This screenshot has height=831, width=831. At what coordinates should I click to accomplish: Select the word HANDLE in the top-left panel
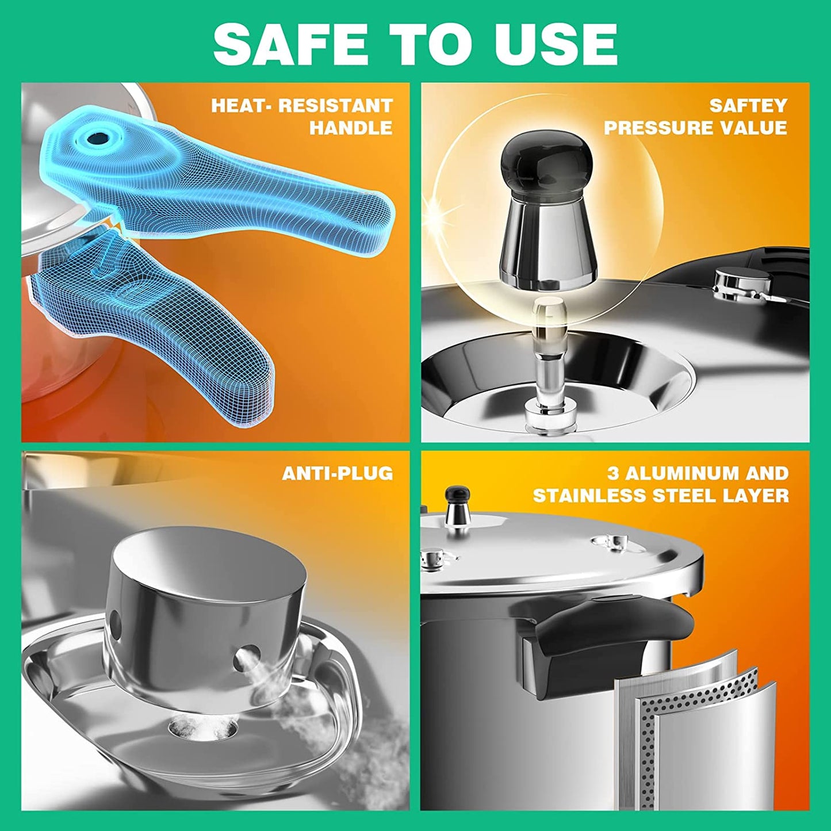(351, 128)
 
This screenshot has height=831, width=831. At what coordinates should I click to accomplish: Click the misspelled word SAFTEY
(748, 106)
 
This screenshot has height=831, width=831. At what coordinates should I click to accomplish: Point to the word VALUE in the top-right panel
(748, 128)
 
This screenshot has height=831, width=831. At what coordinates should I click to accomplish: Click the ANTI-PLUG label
(338, 473)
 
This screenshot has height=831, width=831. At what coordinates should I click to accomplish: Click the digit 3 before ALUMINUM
(613, 473)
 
